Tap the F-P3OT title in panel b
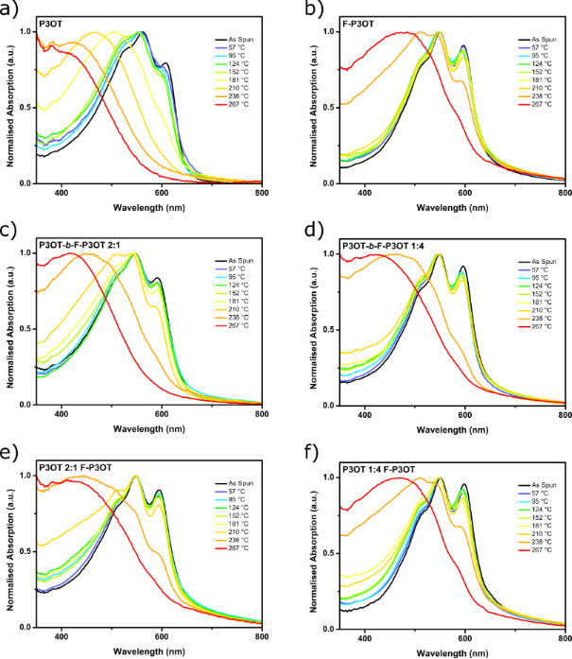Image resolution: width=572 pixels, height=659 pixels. [363, 21]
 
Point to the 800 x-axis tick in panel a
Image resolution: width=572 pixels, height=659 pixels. [262, 192]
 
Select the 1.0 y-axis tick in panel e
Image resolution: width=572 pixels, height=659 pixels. [19, 476]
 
